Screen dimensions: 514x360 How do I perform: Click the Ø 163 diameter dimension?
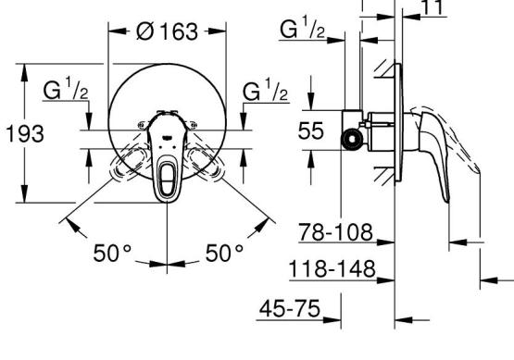pos(167,31)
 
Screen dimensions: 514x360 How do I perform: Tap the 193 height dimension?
pos(25,133)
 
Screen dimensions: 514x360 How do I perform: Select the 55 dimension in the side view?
pos(310,130)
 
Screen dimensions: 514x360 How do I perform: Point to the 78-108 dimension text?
pos(335,232)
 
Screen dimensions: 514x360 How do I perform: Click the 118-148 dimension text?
pos(332,269)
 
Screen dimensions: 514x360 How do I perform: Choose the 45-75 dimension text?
pos(290,308)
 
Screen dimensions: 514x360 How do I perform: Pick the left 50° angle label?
pos(112,253)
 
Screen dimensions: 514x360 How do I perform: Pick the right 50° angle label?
pos(224,253)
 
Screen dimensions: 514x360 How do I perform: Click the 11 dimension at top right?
pos(433,7)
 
